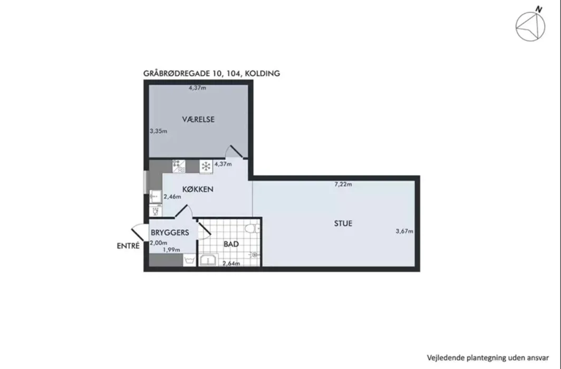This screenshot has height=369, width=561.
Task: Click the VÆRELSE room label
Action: (198, 120)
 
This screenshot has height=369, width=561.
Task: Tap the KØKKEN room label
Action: (198, 189)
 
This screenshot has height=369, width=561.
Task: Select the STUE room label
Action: (343, 224)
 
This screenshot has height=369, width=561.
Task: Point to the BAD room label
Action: (231, 244)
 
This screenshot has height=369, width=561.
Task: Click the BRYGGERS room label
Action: (170, 233)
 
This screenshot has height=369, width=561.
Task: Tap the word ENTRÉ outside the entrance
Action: (128, 246)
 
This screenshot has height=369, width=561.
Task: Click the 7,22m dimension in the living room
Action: (343, 184)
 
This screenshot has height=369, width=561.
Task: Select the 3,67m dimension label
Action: (404, 231)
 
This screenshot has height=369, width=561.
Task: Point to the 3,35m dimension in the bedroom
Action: (159, 131)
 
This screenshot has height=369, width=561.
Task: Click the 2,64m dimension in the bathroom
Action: (231, 264)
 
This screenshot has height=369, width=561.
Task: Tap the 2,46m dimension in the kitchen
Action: (172, 196)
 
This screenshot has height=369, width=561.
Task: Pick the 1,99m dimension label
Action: (171, 249)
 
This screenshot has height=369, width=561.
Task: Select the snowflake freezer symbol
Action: (206, 166)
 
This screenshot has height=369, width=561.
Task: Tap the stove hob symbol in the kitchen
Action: (179, 166)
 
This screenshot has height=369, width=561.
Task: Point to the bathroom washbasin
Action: (209, 260)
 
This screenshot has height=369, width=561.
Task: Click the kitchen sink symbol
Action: (155, 197)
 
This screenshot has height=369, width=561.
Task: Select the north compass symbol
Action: (530, 25)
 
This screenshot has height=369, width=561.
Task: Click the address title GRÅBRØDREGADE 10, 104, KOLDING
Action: (211, 74)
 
